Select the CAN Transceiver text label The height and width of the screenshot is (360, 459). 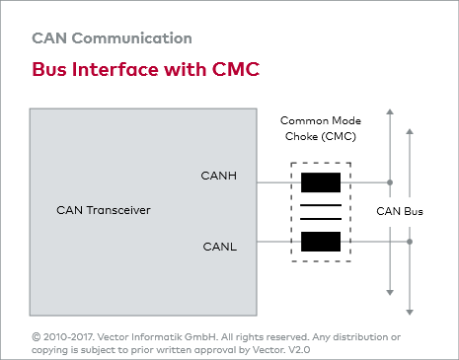tap(104, 211)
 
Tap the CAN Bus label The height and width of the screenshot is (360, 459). tap(400, 211)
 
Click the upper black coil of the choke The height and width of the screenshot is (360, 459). tap(321, 182)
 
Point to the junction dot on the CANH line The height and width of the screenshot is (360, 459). tap(390, 182)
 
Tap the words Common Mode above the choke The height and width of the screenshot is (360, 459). tap(318, 118)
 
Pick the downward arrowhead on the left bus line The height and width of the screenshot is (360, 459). tap(390, 292)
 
